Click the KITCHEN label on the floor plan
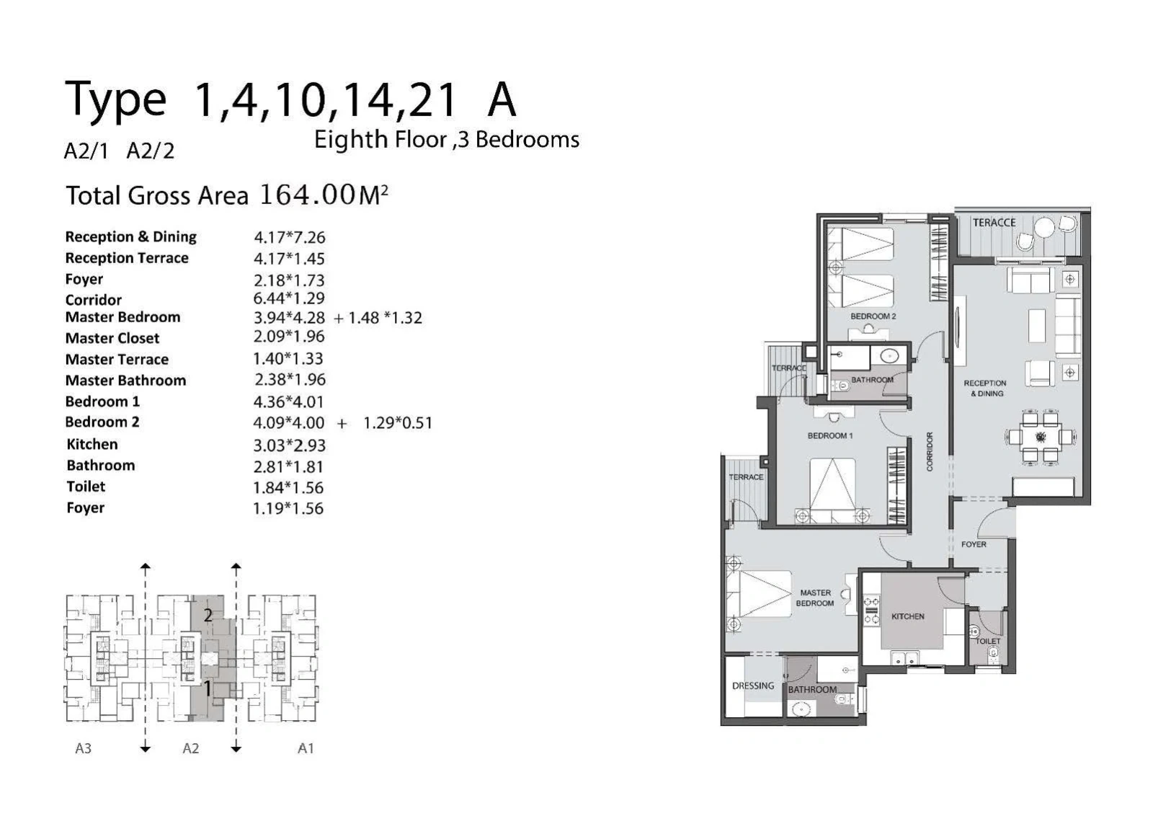click(908, 616)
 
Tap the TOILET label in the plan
click(988, 641)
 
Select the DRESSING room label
click(753, 686)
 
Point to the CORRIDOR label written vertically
click(930, 451)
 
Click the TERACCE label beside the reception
click(994, 223)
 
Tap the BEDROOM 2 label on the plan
click(873, 316)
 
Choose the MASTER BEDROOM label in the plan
click(815, 598)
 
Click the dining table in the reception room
click(1041, 437)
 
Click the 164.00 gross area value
click(308, 195)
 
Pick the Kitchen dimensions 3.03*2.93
click(289, 445)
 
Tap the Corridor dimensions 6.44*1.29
click(289, 298)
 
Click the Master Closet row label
click(112, 338)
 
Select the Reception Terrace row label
click(127, 258)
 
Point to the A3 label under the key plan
click(84, 748)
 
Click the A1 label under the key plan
click(306, 748)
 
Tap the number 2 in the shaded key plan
click(208, 615)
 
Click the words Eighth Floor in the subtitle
click(380, 140)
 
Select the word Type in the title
click(116, 100)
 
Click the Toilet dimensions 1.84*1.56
click(288, 487)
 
